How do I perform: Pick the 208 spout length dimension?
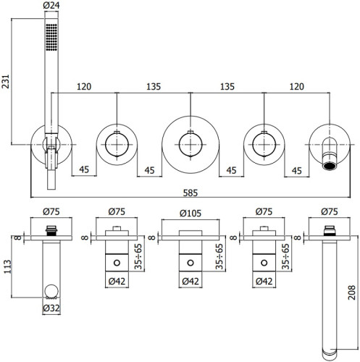tap(351, 292)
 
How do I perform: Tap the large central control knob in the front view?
tap(189, 146)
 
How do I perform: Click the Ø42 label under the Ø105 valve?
tap(189, 282)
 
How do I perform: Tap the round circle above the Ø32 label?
tap(51, 292)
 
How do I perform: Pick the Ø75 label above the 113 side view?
tap(51, 213)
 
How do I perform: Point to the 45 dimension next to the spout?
tap(296, 171)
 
